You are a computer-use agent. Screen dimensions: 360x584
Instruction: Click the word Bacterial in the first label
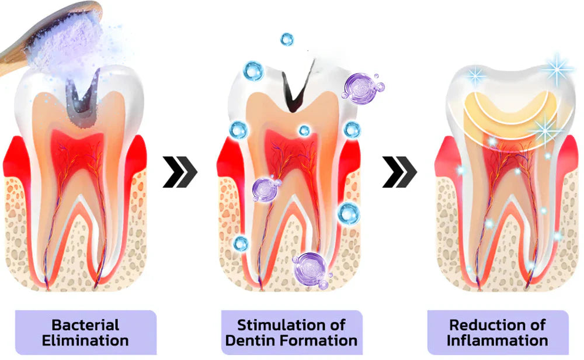pos(85,324)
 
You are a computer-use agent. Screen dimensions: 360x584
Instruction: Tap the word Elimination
pos(85,340)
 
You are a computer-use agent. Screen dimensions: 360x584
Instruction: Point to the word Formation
pos(322,340)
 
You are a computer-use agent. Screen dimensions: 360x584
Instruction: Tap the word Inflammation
pos(498,340)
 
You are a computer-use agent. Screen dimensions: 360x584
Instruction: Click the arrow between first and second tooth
pos(180,172)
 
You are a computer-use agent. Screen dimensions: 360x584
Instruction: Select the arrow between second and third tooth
pos(399,172)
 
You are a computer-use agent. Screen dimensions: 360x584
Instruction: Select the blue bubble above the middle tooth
pos(286,39)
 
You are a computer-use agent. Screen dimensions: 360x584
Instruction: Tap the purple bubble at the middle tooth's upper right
pos(361,88)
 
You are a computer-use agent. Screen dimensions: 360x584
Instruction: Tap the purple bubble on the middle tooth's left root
pos(264,189)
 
